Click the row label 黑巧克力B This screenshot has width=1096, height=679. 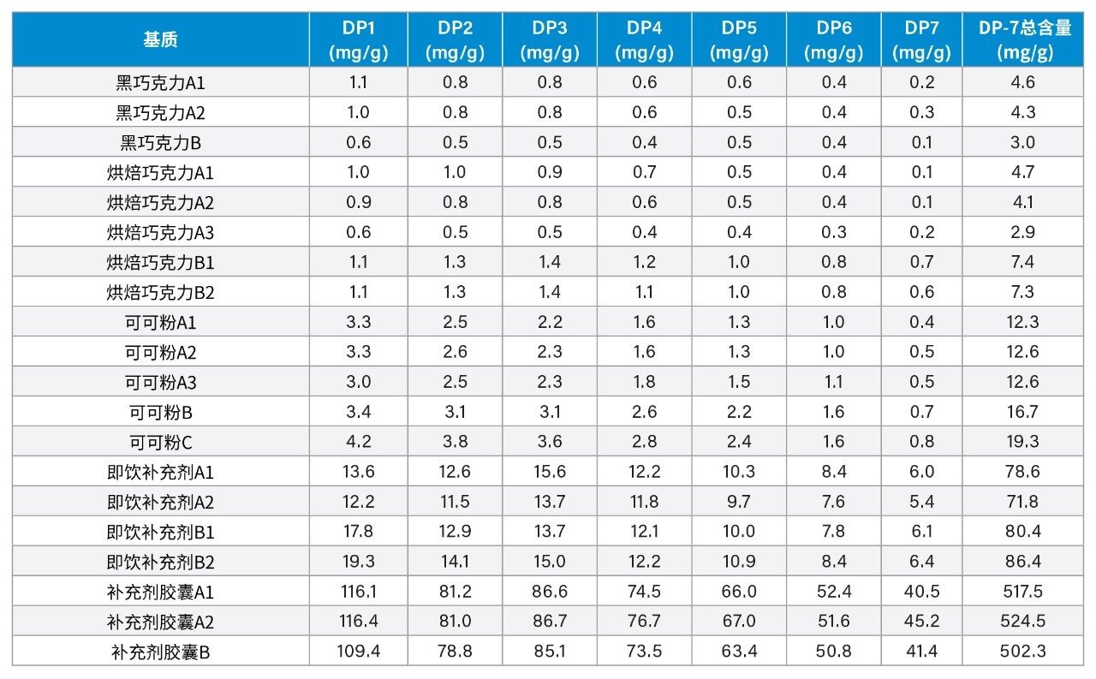click(160, 142)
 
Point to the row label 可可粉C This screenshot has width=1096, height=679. click(160, 442)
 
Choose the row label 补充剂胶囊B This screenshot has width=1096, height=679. click(160, 652)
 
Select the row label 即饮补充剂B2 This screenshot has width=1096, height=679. click(160, 562)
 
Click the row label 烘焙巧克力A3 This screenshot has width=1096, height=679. click(160, 232)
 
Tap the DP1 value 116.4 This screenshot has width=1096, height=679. click(358, 622)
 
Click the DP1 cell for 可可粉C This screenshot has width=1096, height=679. click(358, 442)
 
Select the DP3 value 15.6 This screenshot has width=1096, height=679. click(549, 472)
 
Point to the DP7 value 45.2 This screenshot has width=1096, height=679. click(922, 622)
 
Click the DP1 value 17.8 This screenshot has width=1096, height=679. click(358, 532)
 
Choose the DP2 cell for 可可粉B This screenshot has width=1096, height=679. click(455, 412)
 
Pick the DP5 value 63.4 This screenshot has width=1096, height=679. click(739, 652)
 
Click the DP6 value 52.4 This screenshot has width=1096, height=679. click(833, 592)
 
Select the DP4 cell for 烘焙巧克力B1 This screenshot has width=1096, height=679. click(644, 262)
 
